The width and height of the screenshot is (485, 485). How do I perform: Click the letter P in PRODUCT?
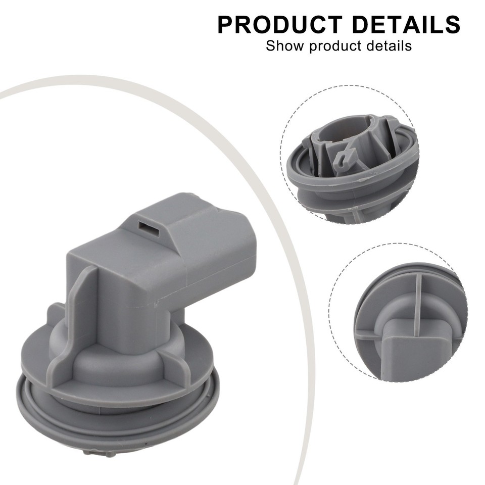[x=226, y=25]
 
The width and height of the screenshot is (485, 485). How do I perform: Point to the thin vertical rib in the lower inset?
[x=417, y=303]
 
